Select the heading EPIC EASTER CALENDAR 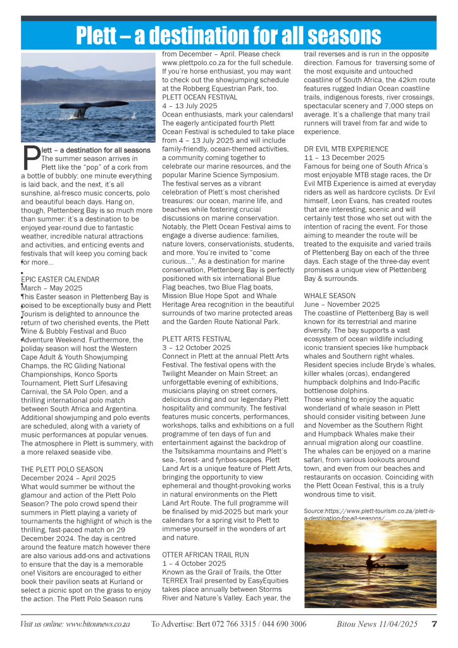pyautogui.click(x=61, y=279)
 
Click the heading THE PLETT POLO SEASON pyautogui.click(x=61, y=469)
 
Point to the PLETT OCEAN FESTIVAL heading pyautogui.click(x=200, y=97)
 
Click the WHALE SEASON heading pyautogui.click(x=330, y=296)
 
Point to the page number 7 pyautogui.click(x=434, y=624)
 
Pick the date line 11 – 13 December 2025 pyautogui.click(x=344, y=158)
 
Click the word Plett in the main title pyautogui.click(x=104, y=36)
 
